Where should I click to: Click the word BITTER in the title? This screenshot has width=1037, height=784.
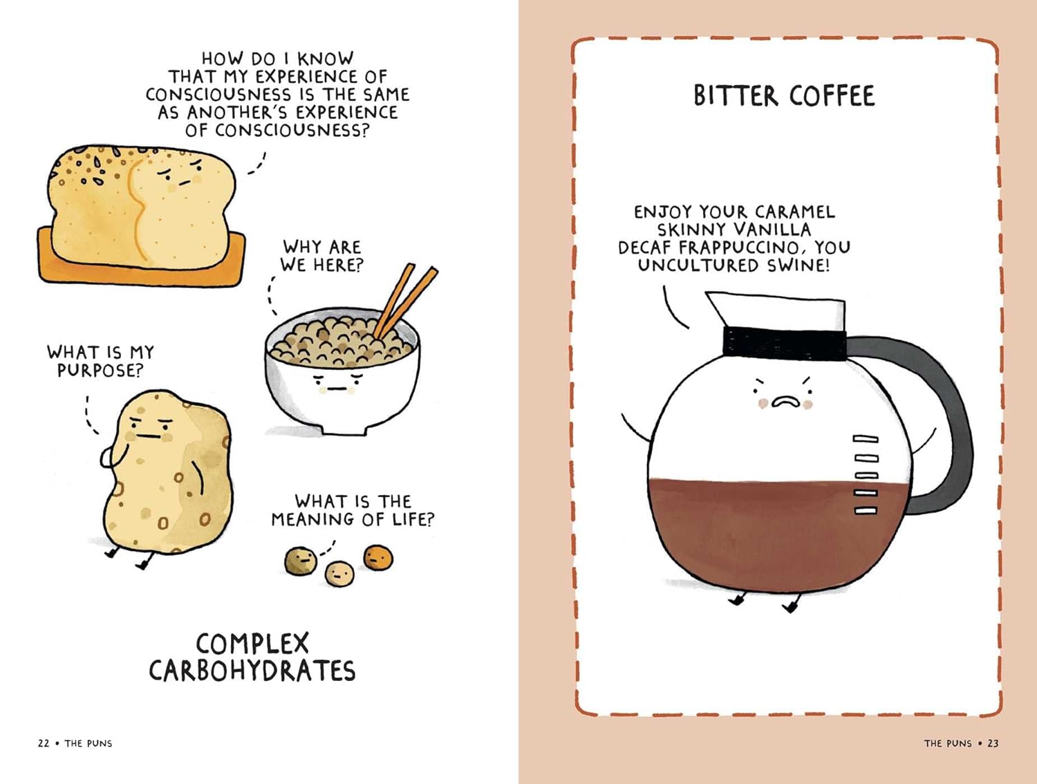pos(735,96)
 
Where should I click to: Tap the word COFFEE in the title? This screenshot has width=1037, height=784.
pos(832,96)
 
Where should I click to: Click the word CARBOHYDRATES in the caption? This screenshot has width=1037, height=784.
pos(252,671)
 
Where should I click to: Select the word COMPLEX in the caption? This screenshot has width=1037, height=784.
pos(252,643)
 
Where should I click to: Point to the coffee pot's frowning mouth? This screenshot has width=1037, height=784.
pos(785,402)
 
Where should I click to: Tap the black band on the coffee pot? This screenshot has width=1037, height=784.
pos(784,342)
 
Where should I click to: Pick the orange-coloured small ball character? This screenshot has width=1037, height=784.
pos(378,558)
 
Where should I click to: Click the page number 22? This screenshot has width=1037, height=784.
pos(44,743)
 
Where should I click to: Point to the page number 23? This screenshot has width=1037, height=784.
pos(993,743)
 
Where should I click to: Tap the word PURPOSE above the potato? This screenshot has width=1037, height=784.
pos(100,371)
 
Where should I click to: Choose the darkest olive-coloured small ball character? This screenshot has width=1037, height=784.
pos(301,561)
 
